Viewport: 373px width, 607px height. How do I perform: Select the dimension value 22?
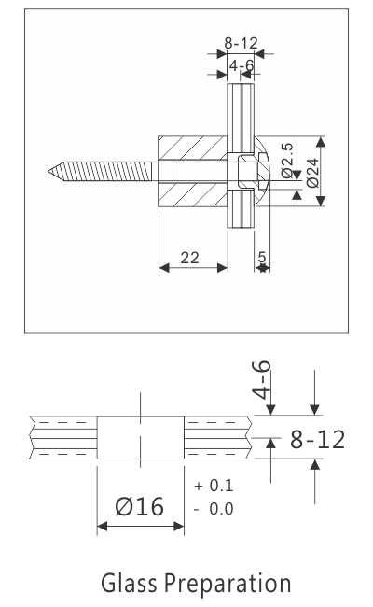click(190, 258)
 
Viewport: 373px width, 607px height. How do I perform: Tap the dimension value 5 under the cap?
click(262, 257)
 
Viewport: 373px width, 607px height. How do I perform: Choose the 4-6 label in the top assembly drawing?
click(242, 65)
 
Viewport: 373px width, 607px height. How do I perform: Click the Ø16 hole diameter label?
click(139, 507)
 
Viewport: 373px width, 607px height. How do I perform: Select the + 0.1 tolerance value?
click(214, 487)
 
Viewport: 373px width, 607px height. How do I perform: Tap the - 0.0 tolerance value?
click(214, 509)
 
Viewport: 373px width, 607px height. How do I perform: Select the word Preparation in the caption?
click(228, 585)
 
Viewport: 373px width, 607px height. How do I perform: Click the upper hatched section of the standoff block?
click(191, 148)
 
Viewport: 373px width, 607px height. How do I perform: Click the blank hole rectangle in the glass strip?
click(140, 437)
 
